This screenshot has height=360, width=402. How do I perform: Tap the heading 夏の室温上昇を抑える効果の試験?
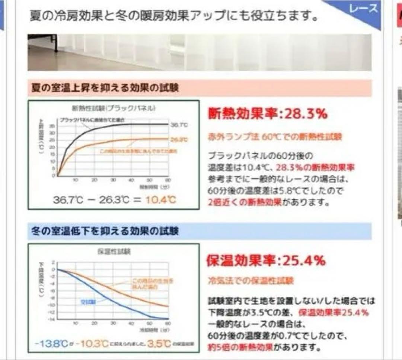(105, 89)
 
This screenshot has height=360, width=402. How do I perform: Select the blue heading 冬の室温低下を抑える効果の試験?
(105, 231)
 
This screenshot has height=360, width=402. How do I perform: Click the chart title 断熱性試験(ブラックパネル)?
(113, 109)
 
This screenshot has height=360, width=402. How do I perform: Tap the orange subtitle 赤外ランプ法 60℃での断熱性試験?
(275, 137)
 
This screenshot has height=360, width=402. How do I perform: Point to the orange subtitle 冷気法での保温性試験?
(251, 280)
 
